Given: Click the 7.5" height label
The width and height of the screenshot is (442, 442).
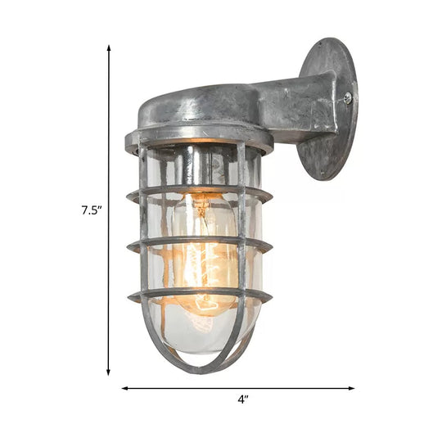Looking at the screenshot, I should click(90, 209).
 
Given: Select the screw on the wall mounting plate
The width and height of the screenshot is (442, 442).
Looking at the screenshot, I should click(348, 100).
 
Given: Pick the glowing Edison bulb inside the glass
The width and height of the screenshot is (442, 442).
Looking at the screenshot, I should click(205, 246).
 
